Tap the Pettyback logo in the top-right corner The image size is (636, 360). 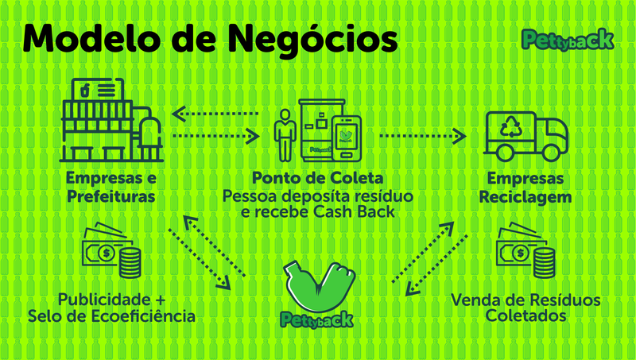(x=566, y=39)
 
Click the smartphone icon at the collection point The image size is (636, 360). (x=347, y=136)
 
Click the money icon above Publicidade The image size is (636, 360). (x=112, y=254)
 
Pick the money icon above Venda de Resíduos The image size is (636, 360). (x=524, y=254)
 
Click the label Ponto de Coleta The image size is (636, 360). (x=317, y=176)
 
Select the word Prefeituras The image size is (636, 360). (x=111, y=195)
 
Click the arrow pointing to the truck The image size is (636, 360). (x=422, y=137)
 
